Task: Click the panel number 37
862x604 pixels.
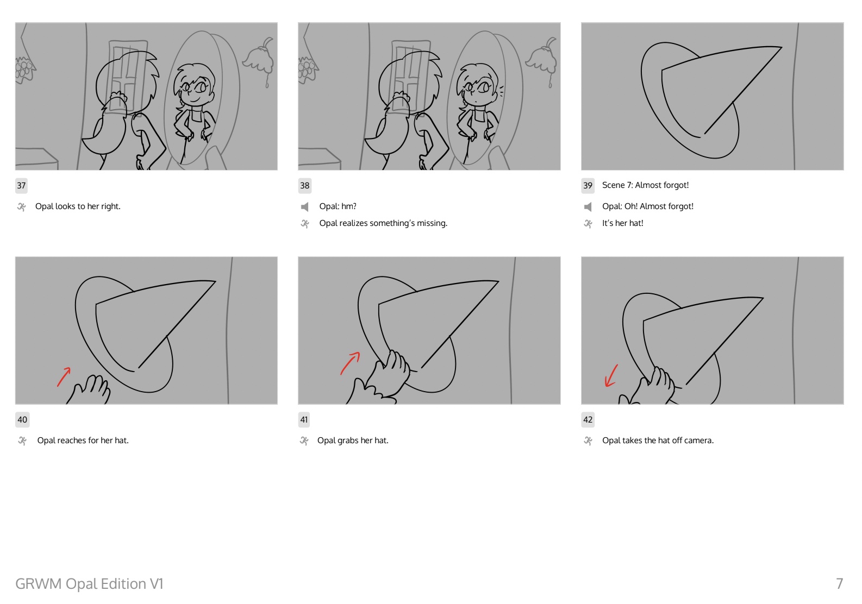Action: pyautogui.click(x=21, y=186)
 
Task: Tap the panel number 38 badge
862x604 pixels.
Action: pyautogui.click(x=304, y=186)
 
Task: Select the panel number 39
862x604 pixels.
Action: pyautogui.click(x=588, y=186)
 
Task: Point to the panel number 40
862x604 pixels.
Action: pyautogui.click(x=22, y=420)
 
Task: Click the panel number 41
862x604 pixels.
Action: pyautogui.click(x=304, y=420)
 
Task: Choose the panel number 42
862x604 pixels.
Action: pyautogui.click(x=588, y=420)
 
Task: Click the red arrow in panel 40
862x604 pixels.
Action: pyautogui.click(x=64, y=377)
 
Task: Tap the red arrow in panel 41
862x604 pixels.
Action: pyautogui.click(x=350, y=363)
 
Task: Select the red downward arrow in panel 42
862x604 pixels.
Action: pyautogui.click(x=611, y=376)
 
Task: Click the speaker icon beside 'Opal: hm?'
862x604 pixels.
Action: pyautogui.click(x=304, y=207)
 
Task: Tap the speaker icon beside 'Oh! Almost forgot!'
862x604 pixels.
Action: pyautogui.click(x=588, y=207)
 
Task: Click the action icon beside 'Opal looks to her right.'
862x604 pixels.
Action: pyautogui.click(x=22, y=207)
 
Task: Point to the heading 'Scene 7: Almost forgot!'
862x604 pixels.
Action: pyautogui.click(x=645, y=185)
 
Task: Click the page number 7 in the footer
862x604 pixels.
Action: pyautogui.click(x=840, y=583)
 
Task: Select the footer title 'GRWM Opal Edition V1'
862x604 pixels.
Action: pyautogui.click(x=89, y=583)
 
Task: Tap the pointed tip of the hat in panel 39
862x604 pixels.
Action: pyautogui.click(x=782, y=47)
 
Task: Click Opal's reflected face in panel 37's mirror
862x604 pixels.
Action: pyautogui.click(x=195, y=86)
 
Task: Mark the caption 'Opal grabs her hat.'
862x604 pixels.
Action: pyautogui.click(x=353, y=441)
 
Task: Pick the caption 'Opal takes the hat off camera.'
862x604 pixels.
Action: pyautogui.click(x=658, y=441)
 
